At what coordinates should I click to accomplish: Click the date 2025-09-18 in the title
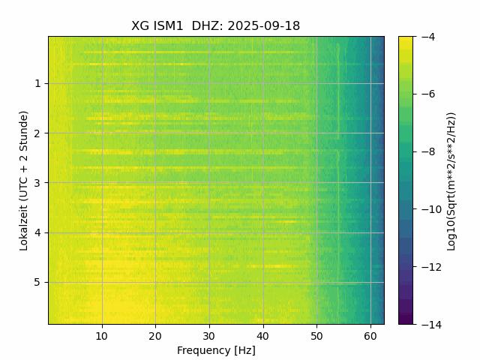[263, 26]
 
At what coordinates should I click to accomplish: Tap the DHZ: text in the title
[207, 26]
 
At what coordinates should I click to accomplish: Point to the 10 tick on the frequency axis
[102, 336]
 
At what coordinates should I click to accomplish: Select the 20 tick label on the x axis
[155, 336]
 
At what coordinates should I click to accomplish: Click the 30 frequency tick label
[209, 336]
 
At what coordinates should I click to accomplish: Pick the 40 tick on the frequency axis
[262, 336]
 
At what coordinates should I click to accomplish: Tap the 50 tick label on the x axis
[316, 336]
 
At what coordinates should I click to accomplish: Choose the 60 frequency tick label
[370, 336]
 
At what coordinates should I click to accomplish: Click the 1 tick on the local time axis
[37, 83]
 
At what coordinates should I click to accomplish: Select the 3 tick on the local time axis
[37, 182]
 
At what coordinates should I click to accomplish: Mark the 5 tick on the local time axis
[37, 282]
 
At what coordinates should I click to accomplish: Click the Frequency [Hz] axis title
[216, 350]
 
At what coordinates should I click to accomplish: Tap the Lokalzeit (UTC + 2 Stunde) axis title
[24, 180]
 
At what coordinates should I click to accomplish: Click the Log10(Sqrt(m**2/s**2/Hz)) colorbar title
[451, 180]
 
